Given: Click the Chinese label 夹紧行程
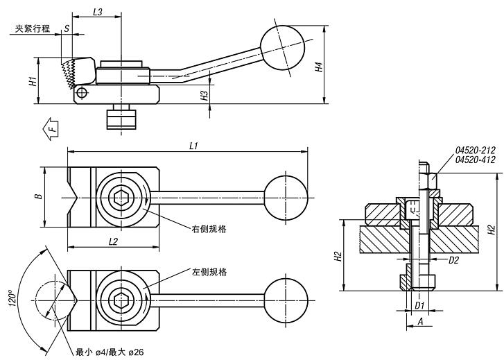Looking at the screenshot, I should point(30,29).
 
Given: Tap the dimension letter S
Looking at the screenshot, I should point(66,28).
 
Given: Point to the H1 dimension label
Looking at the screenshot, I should point(33,81).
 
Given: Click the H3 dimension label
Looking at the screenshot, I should point(205,96).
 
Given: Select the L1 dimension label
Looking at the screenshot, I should point(194,146).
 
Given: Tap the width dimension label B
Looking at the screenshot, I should point(39,196).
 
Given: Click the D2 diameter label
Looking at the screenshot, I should point(454,260).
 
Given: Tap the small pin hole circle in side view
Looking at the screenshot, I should point(82,92).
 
